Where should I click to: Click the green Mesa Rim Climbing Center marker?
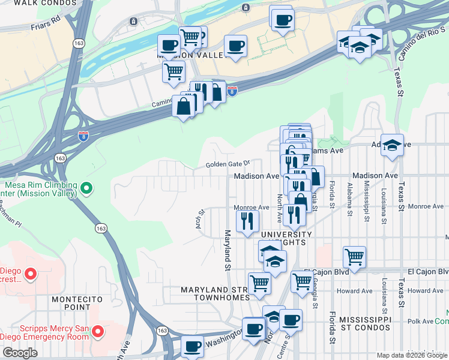[86, 188]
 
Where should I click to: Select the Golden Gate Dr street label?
[227, 164]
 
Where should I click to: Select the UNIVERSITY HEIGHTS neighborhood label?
[279, 238]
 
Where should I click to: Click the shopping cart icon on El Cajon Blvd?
[355, 256]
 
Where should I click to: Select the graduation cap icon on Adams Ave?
[392, 145]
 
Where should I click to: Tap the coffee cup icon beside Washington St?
[193, 347]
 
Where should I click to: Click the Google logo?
[19, 353]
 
